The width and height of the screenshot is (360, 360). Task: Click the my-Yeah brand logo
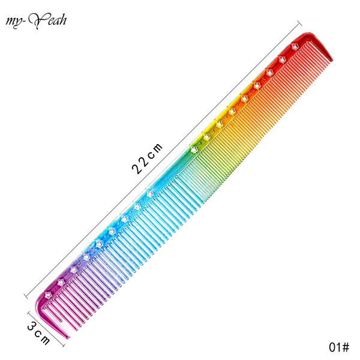tap(36, 21)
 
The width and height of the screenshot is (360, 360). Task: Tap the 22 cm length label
tap(147, 158)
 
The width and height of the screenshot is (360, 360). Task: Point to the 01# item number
tap(339, 347)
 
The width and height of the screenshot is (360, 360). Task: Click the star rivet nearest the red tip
tap(295, 46)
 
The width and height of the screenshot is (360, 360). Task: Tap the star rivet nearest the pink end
tap(48, 295)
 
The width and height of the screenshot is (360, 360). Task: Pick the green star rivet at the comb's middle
tap(194, 149)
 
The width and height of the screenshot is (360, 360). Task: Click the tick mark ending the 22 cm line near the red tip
tap(299, 24)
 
